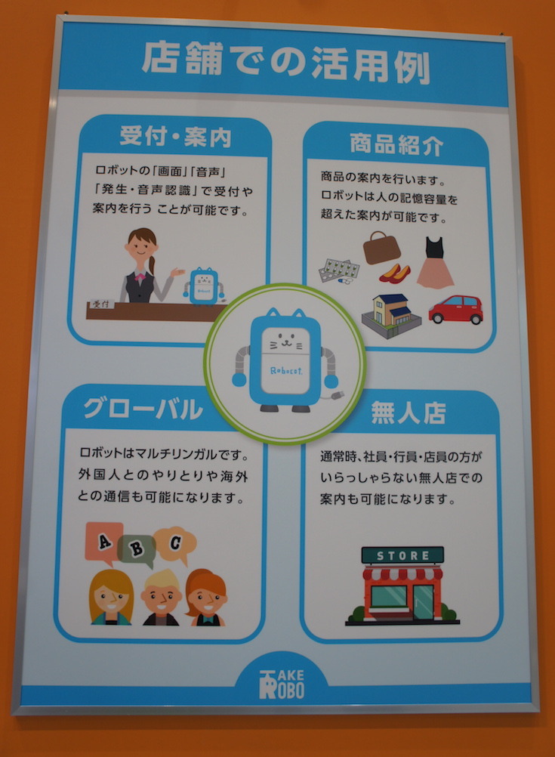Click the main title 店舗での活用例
pos(285,63)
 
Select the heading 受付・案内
pos(176,136)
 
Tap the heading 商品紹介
pos(396,144)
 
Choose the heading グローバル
pos(143,409)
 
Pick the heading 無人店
pos(409,412)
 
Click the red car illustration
pos(455,309)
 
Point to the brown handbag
pos(381,247)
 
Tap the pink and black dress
pos(435,262)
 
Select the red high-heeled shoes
pos(395,273)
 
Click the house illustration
pos(391,316)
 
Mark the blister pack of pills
pos(339,270)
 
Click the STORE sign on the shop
pos(402,555)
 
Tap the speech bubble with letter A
pos(103,542)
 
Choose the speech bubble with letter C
pos(175,544)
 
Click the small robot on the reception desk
pos(204,286)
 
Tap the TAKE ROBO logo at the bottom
pos(282,684)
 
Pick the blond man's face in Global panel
pos(161,598)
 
